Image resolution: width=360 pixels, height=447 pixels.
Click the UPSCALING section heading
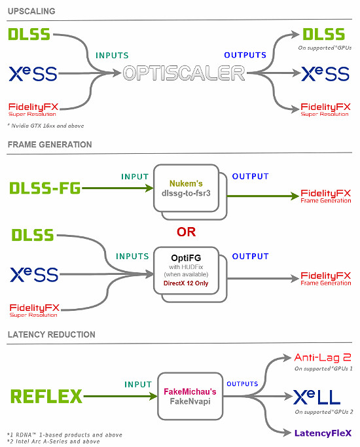click(x=31, y=11)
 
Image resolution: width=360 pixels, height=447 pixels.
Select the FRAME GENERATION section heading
click(x=50, y=144)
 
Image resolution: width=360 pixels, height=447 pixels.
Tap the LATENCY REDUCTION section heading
click(x=51, y=334)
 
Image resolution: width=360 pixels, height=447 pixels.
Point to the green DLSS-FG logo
click(x=45, y=188)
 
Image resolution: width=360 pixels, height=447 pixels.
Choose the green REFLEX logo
click(x=46, y=396)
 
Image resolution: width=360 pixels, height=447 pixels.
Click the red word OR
click(x=187, y=232)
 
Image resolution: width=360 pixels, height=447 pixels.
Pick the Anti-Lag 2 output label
click(x=323, y=357)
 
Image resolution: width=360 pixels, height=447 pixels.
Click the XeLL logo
click(x=321, y=397)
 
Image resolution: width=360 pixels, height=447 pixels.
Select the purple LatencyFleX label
click(x=323, y=433)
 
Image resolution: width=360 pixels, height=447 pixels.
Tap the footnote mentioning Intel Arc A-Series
click(x=52, y=441)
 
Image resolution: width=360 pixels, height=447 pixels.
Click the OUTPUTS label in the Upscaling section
click(x=245, y=55)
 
